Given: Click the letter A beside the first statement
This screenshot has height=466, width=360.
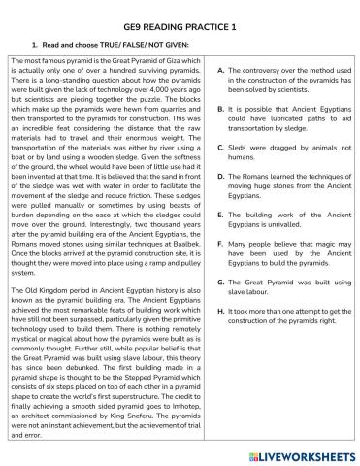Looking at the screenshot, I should [x=221, y=71].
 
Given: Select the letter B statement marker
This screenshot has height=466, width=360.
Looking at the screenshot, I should [x=221, y=110].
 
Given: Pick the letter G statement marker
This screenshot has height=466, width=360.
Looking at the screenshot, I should [x=221, y=282].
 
